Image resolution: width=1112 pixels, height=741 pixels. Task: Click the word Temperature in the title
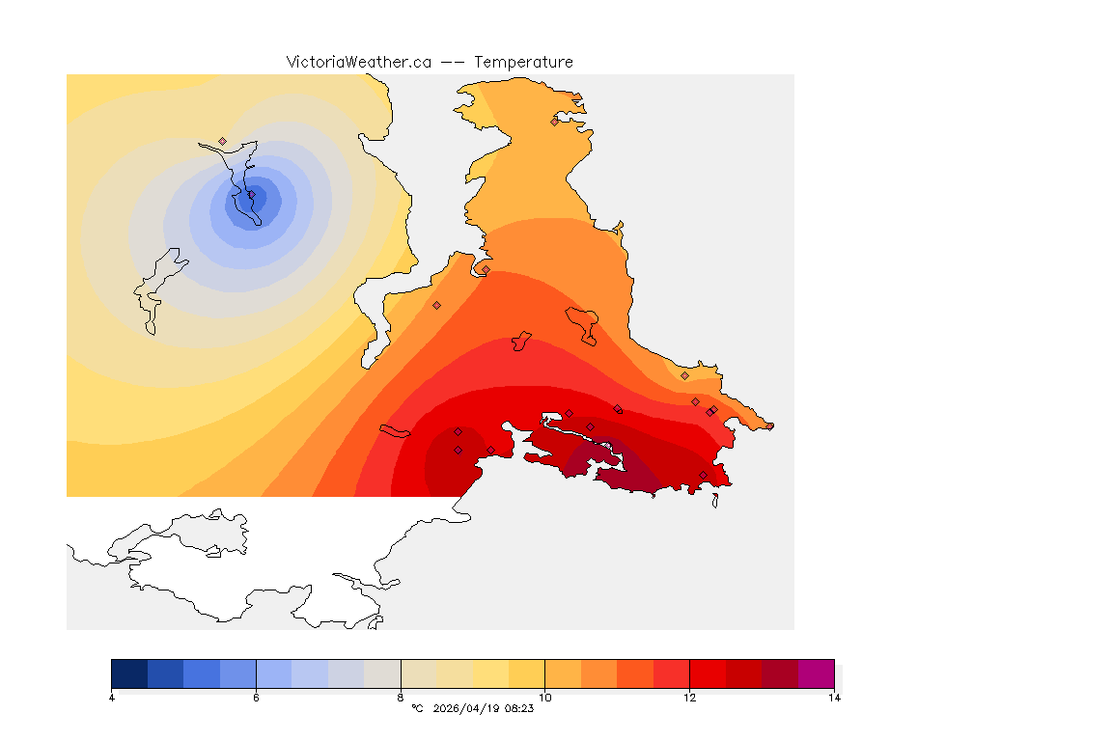523,62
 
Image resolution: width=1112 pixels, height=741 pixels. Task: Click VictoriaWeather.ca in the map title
358,62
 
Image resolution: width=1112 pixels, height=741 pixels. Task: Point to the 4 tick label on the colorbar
112,697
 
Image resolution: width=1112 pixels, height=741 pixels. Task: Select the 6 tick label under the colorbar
256,697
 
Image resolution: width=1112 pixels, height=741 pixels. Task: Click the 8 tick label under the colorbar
401,697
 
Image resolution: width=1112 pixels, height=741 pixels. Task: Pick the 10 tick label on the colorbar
545,697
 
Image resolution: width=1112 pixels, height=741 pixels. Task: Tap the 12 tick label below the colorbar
689,697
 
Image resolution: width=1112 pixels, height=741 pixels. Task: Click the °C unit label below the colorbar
417,708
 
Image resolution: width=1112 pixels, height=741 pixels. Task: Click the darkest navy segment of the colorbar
129,672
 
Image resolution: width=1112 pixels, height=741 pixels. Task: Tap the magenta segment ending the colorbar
817,672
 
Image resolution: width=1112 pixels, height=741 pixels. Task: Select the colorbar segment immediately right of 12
708,672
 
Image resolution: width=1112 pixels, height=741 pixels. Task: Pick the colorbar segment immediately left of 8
382,672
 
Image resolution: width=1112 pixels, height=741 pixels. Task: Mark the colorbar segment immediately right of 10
563,672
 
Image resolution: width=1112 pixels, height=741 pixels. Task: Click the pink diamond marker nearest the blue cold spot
222,141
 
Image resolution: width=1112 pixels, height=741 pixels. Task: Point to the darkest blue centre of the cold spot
256,198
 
